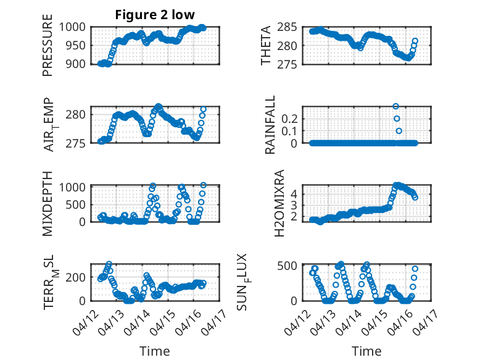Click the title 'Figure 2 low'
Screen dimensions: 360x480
pyautogui.click(x=155, y=15)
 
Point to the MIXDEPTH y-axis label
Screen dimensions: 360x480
pyautogui.click(x=48, y=203)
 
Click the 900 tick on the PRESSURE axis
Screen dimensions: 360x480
pyautogui.click(x=77, y=64)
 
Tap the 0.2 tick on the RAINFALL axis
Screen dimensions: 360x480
pyautogui.click(x=289, y=118)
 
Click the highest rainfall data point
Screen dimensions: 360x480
pyautogui.click(x=395, y=106)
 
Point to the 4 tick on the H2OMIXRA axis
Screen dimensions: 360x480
pyautogui.click(x=294, y=193)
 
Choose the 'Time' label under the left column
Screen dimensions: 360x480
pyautogui.click(x=155, y=351)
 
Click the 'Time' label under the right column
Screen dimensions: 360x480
pyautogui.click(x=366, y=351)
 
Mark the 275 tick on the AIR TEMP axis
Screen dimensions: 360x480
pyautogui.click(x=77, y=143)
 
